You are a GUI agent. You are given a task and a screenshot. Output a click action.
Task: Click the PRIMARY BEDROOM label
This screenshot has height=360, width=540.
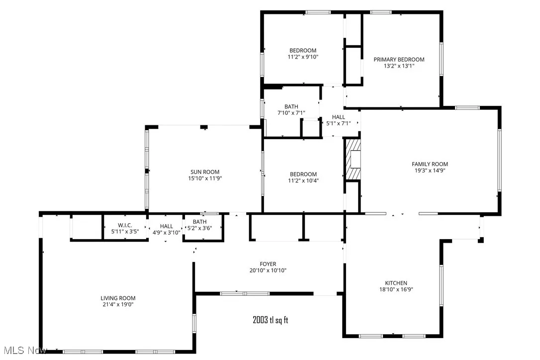(x=399, y=60)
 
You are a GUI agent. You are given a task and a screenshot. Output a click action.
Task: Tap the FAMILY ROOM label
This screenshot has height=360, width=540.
(x=430, y=164)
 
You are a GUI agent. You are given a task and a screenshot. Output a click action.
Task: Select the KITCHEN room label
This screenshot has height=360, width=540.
(x=396, y=283)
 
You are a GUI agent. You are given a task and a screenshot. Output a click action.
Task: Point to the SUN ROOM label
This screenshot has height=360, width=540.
(x=204, y=172)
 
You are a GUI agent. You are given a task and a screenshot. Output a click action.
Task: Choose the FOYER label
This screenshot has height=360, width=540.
(x=268, y=264)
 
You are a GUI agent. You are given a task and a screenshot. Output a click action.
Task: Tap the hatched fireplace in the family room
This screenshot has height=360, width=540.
(x=354, y=159)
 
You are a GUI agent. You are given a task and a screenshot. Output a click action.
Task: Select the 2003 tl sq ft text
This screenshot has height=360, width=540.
(x=270, y=320)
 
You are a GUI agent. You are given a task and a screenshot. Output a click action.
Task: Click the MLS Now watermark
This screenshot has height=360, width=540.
(x=24, y=351)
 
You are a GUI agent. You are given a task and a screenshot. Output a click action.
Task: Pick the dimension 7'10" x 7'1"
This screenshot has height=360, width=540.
(x=291, y=113)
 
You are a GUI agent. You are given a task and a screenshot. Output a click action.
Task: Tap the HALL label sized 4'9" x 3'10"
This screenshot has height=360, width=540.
(x=167, y=226)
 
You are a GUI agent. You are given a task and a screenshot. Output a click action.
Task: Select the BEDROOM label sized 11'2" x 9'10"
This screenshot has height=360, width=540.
(x=303, y=50)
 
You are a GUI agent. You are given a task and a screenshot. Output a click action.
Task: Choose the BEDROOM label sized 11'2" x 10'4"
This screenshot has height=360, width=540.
(x=303, y=174)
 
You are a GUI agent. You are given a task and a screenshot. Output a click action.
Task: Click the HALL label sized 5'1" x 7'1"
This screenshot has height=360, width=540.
(x=338, y=117)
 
